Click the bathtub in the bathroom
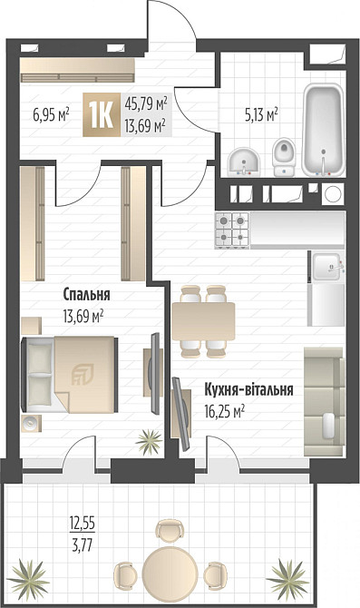coord(322,132)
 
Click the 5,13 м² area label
coord(261,114)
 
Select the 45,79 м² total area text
coord(145,105)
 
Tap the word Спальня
coord(86,295)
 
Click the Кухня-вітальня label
coord(248,389)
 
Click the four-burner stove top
coord(230,229)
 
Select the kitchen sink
coord(325,266)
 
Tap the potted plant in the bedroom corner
coord(147,443)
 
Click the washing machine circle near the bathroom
coord(333,192)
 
